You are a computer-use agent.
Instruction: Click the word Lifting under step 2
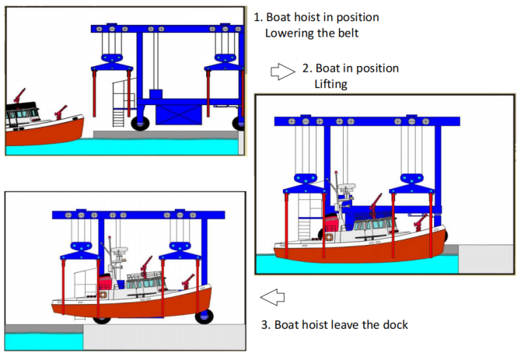click(331, 83)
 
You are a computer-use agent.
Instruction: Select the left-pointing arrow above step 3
click(271, 296)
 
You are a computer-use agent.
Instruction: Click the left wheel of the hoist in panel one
click(142, 122)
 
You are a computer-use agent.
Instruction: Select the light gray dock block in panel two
click(485, 260)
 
